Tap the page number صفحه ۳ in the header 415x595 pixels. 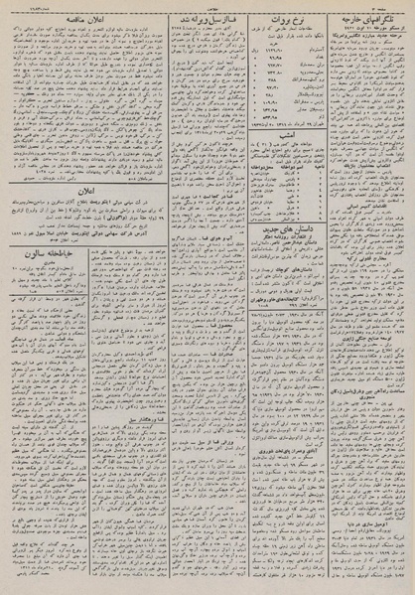pos(393,6)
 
